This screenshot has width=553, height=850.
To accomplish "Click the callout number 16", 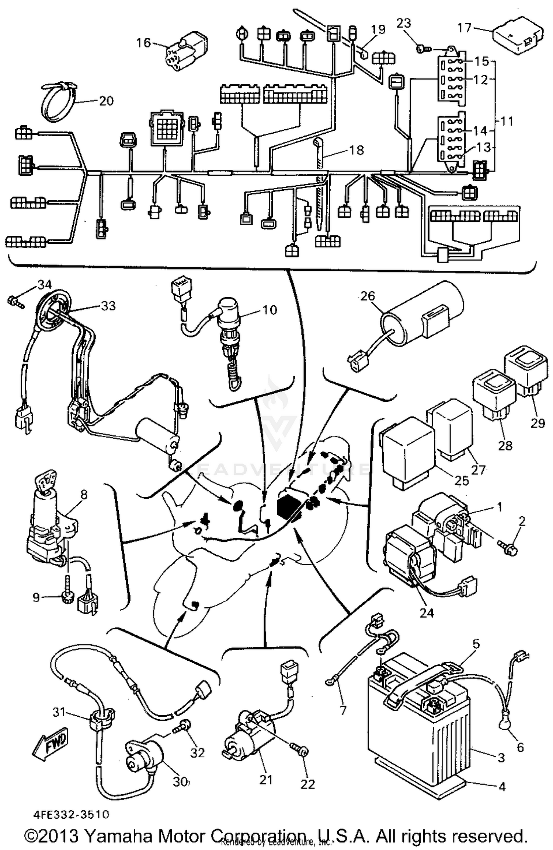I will tap(143, 43).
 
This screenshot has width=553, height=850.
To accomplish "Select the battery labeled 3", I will tap(418, 727).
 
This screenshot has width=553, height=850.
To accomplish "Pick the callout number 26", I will tap(368, 296).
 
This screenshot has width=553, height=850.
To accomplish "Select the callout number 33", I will tap(108, 305).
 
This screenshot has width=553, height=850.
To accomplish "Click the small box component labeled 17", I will tap(518, 35).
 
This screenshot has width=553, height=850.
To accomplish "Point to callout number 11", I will tap(508, 121).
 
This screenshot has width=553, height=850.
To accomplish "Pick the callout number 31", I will tap(59, 712).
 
